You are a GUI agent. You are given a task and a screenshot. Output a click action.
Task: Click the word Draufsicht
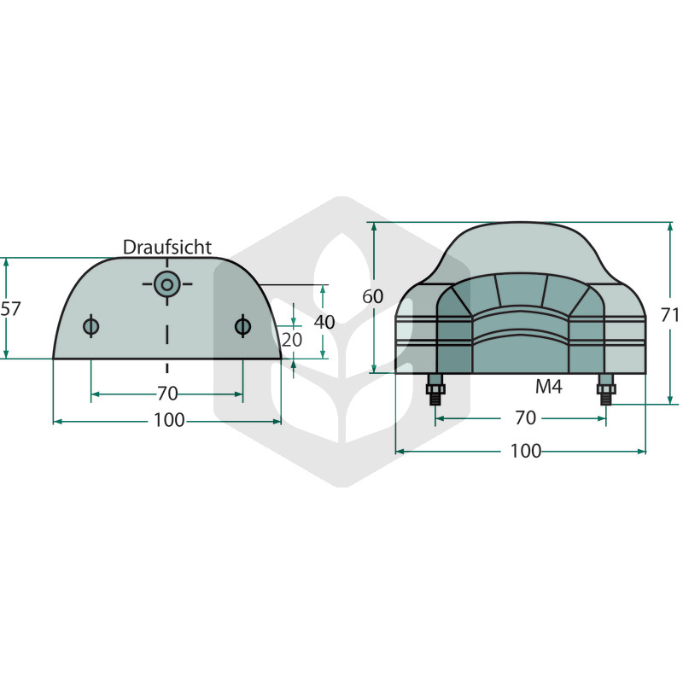coord(166,247)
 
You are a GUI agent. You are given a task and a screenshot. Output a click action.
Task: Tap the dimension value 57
coord(10,309)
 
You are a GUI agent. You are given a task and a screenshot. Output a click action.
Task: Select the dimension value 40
coord(324,323)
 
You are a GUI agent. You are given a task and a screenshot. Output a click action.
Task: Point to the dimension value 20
coord(291,340)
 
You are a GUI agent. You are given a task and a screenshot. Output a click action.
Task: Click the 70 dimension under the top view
coord(167,394)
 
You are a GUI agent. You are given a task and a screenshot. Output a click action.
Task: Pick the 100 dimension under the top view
coord(169,420)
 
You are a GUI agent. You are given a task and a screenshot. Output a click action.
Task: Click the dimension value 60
coord(373,296)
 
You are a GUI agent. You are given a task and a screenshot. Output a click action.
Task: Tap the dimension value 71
coord(670,315)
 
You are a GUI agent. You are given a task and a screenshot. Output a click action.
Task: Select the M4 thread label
coord(548,387)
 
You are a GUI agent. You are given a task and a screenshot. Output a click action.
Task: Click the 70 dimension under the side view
coord(525,418)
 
